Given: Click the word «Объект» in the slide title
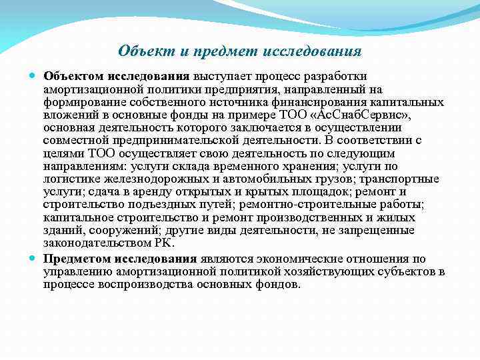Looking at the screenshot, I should [139, 51].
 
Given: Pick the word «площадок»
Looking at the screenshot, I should [313, 191].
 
